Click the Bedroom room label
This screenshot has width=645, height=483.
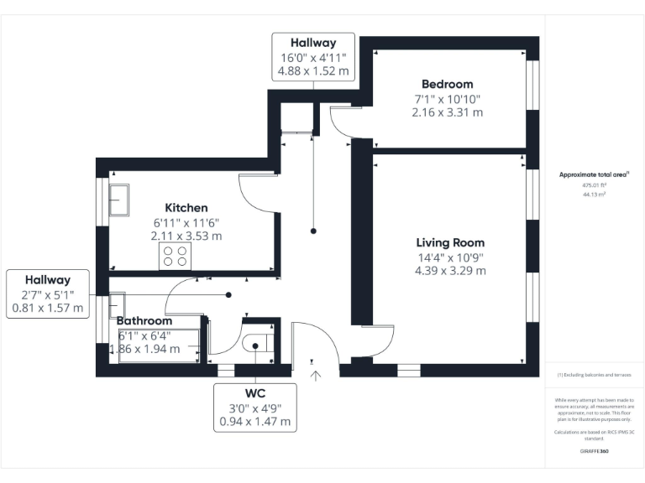click(x=447, y=84)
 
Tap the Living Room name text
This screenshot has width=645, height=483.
click(x=450, y=241)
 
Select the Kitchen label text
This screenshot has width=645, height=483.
click(x=186, y=207)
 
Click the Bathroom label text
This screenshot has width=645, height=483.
click(x=144, y=321)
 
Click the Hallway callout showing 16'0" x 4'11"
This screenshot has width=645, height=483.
click(x=313, y=57)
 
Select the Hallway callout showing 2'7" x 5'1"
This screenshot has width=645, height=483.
click(x=48, y=293)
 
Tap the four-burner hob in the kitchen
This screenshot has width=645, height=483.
click(x=175, y=256)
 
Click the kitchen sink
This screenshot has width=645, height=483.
click(x=119, y=198)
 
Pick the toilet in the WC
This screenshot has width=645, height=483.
click(x=255, y=344)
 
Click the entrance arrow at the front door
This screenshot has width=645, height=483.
click(x=316, y=376)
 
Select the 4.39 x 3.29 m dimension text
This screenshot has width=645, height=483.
click(x=450, y=271)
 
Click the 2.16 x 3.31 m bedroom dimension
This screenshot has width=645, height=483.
click(x=447, y=112)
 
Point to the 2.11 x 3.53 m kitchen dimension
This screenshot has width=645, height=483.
click(x=186, y=236)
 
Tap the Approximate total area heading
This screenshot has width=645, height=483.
click(x=595, y=174)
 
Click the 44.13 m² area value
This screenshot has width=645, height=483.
click(x=595, y=194)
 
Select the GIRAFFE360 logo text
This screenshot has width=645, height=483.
click(x=595, y=451)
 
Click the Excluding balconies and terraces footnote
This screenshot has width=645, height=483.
click(x=595, y=375)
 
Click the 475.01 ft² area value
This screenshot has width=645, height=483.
click(x=595, y=185)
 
